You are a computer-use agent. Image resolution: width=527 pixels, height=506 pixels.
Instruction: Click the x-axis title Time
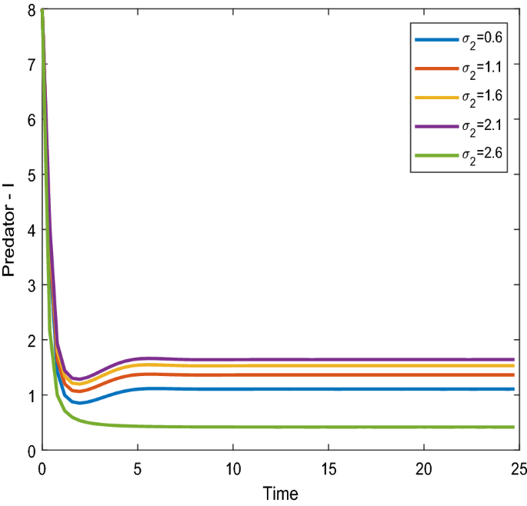click(x=279, y=493)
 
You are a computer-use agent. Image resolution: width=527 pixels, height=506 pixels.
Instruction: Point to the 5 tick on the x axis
click(x=138, y=468)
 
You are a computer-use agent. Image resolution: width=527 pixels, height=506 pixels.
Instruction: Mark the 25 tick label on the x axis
click(x=518, y=468)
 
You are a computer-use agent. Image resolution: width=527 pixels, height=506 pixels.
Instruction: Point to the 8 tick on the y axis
click(x=31, y=10)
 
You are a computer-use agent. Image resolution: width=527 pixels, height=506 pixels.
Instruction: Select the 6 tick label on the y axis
click(x=31, y=121)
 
